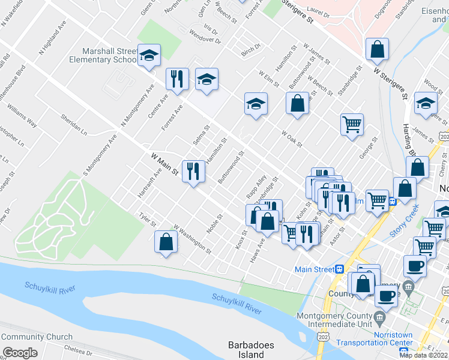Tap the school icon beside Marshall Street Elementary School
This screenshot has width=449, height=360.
click(x=148, y=56)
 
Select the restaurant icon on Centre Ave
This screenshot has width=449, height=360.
click(x=177, y=79)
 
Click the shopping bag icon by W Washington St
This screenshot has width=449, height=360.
click(x=166, y=242)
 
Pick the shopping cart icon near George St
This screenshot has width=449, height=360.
click(x=352, y=124)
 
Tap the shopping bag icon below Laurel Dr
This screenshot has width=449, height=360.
click(x=377, y=50)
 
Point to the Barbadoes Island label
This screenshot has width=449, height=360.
click(x=251, y=349)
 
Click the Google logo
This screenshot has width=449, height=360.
click(x=20, y=353)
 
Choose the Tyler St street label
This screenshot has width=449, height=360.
click(x=147, y=220)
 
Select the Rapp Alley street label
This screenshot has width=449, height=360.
click(x=256, y=187)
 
